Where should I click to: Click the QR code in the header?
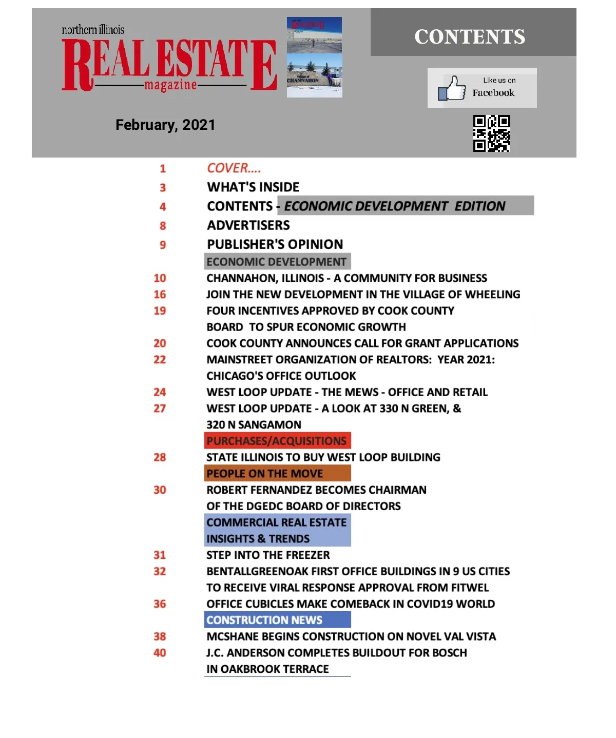coord(491,133)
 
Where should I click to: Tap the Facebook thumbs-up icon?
coord(452,88)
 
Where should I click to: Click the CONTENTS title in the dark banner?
coord(470,37)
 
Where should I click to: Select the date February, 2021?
coord(165,125)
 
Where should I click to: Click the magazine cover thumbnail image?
coord(314,57)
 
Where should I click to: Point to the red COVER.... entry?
coord(234,168)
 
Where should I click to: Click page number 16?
coord(160,295)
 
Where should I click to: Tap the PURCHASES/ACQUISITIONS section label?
coord(277,441)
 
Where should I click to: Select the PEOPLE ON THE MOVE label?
coord(265,473)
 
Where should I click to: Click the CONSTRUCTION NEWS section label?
coord(264,620)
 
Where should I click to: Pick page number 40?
coord(160,653)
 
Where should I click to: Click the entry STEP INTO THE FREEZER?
coord(268,555)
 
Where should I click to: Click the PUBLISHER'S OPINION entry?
coord(275,244)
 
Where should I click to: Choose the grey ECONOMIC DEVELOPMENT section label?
coord(276,262)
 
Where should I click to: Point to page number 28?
coord(160,457)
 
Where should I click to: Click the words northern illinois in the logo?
coord(93,30)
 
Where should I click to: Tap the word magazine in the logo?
coord(170,85)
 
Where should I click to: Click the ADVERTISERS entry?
coord(248,225)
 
